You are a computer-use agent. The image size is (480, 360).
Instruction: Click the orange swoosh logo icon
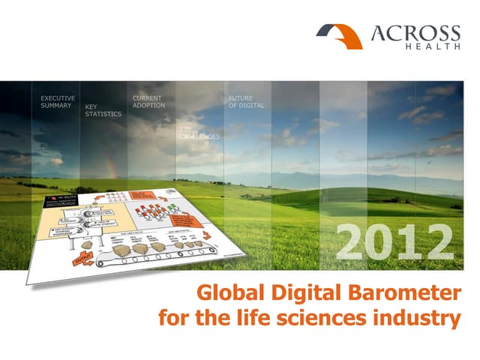click(339, 34)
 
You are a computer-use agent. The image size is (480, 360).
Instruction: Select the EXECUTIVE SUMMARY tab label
click(57, 102)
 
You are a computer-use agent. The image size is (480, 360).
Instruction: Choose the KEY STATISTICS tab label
click(103, 110)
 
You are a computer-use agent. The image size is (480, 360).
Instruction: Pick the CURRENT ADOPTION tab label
click(148, 102)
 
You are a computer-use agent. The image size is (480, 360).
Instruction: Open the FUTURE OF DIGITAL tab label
click(245, 102)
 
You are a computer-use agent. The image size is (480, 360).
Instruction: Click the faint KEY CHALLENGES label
click(199, 133)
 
